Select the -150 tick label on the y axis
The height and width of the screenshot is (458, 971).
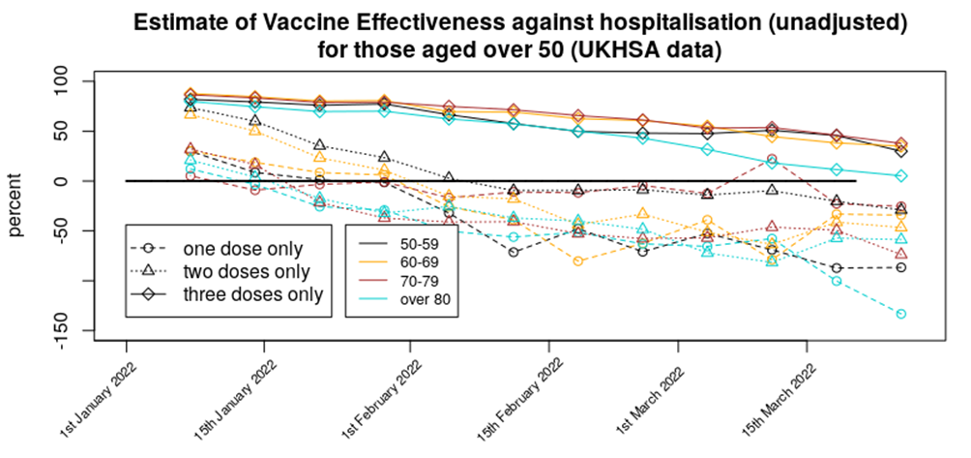coord(69,330)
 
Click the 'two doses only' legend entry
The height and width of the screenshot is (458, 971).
coord(250,271)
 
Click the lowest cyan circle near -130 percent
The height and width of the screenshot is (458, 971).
coord(900,314)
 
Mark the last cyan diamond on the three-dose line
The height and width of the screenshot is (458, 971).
coord(900,175)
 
